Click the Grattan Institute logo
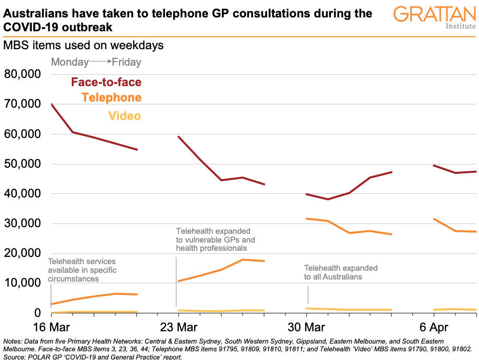[434, 17]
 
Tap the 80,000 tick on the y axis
[23, 74]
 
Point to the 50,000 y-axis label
[23, 164]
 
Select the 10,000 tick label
[23, 283]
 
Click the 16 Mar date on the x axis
[52, 328]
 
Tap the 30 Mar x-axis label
[306, 328]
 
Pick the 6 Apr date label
[433, 328]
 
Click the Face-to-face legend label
[106, 82]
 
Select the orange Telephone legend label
[111, 97]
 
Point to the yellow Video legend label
[124, 116]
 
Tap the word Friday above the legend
[127, 62]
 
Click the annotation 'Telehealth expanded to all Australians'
[341, 272]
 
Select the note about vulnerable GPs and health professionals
[216, 239]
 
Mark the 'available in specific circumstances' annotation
[82, 270]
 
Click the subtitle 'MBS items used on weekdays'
[84, 45]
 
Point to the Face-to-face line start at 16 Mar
[52, 104]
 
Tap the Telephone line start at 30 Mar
[306, 218]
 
